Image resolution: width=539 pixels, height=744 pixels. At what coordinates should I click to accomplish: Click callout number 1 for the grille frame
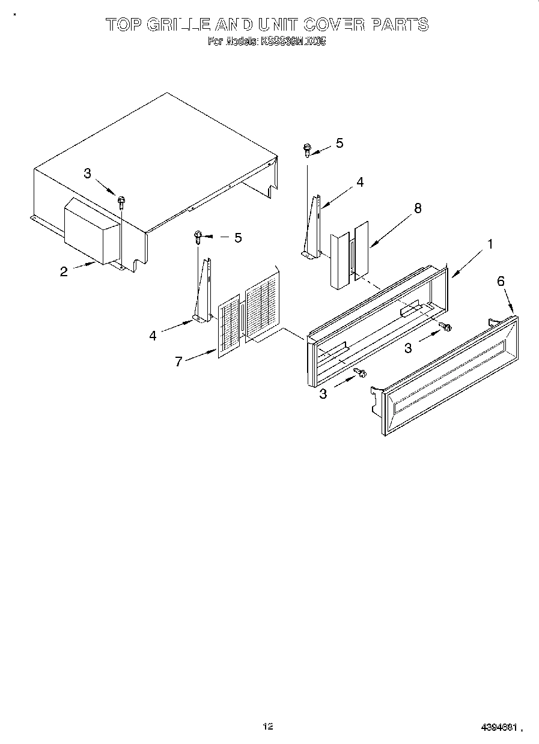490,244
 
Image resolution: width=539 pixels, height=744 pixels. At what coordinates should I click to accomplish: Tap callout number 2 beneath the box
64,271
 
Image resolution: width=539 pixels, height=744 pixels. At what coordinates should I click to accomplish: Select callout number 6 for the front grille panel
501,280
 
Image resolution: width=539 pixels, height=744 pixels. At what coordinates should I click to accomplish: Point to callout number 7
178,362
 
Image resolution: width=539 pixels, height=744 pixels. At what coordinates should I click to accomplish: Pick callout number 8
418,208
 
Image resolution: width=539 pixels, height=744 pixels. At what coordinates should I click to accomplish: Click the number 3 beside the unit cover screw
88,174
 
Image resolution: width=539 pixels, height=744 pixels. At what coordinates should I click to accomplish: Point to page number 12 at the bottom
268,727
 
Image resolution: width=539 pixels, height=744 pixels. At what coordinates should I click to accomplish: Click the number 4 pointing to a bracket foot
153,335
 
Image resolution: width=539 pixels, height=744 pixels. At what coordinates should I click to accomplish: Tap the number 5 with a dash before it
237,238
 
